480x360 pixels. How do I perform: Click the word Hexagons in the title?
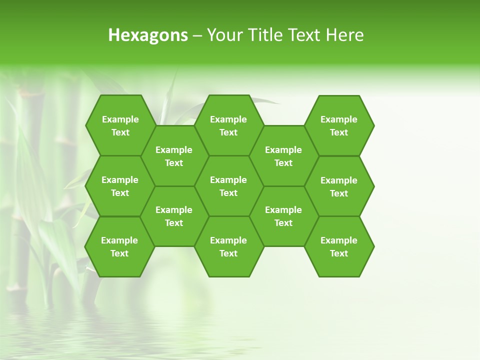pos(148,35)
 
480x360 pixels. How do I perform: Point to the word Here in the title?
pos(344,35)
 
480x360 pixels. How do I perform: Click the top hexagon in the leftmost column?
pos(120,125)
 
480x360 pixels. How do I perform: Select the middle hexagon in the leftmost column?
pos(120,186)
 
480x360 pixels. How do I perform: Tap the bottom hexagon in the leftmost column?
pos(119,246)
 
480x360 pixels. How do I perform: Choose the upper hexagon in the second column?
pos(174,156)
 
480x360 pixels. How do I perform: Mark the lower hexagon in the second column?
pos(174,216)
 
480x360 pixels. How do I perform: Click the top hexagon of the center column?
pos(228,125)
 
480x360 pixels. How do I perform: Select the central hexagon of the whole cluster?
pos(228,186)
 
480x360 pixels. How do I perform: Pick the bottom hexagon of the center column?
pos(228,246)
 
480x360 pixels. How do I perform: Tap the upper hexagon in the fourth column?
pos(283,156)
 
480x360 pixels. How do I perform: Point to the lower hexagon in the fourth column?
pos(283,216)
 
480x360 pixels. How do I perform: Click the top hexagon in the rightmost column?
pos(339,125)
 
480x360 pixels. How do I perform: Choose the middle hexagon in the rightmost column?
pos(339,186)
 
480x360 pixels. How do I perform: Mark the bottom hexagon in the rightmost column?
pos(339,246)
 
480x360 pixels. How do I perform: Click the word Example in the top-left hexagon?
pos(120,119)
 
